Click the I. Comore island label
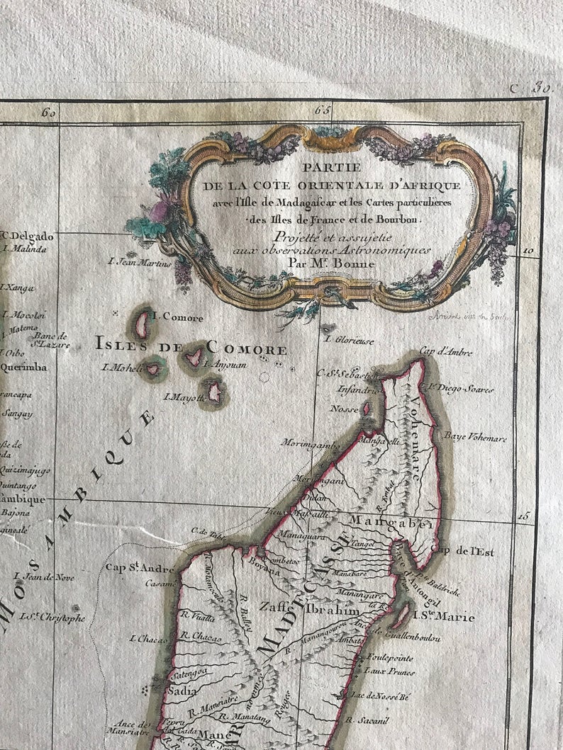click(x=178, y=318)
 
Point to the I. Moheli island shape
click(x=152, y=368)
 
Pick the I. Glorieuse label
click(x=348, y=339)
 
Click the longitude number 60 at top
click(x=49, y=112)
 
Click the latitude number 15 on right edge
click(x=523, y=516)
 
